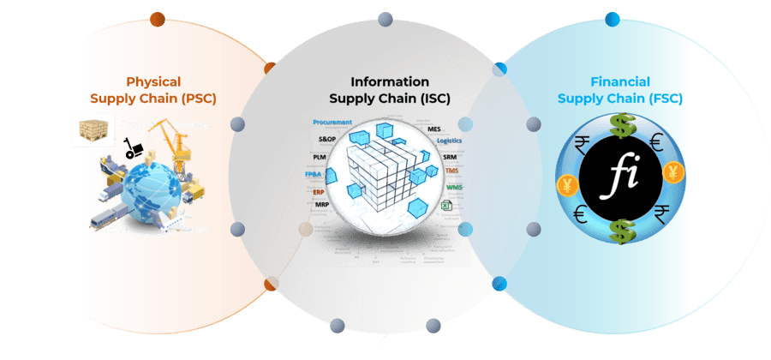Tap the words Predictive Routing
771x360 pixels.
165,125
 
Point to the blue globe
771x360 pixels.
152,194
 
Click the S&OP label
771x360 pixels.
328,138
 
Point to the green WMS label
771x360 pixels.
454,186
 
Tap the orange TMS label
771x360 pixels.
452,171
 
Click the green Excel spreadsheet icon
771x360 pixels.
445,206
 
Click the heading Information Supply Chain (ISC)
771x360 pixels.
390,90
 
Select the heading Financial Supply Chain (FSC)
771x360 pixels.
620,90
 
